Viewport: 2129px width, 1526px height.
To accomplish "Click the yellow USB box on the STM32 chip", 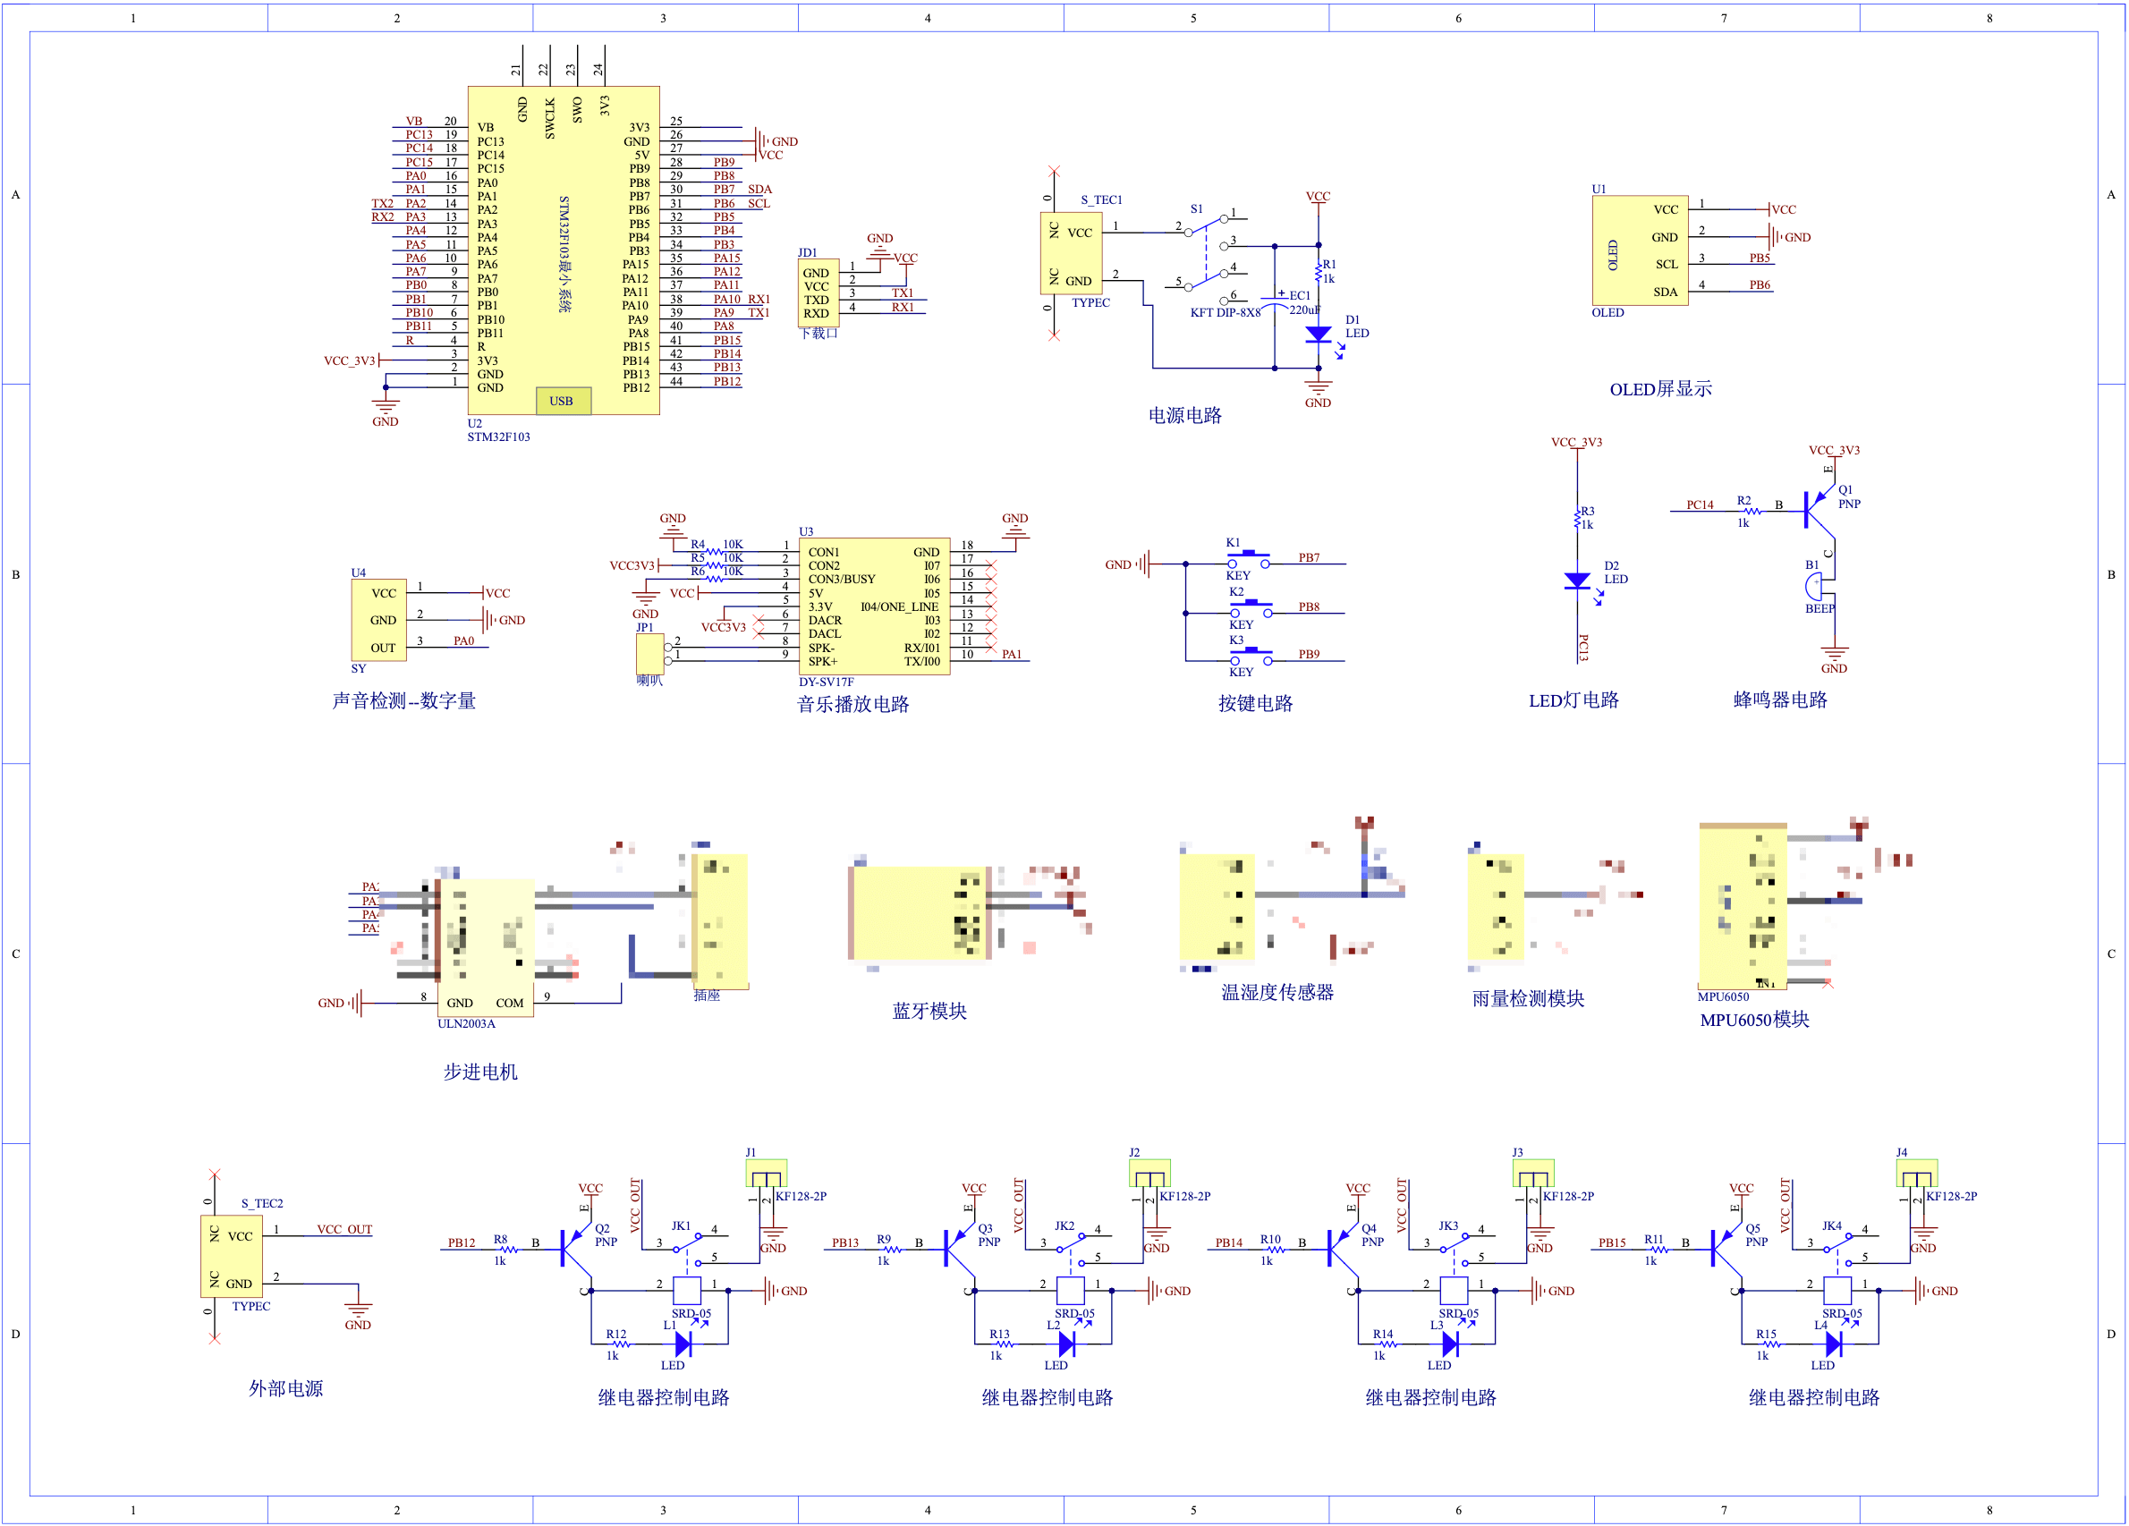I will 564,401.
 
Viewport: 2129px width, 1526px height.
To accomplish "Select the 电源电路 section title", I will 1184,415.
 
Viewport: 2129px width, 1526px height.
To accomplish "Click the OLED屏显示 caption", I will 1659,388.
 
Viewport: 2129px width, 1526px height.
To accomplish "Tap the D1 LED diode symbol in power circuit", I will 1318,335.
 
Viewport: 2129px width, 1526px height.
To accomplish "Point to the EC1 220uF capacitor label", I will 1300,302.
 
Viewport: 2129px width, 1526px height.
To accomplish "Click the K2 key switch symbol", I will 1251,607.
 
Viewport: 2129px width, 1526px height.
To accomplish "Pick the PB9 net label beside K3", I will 1309,654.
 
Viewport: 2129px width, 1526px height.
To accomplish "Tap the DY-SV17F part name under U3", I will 826,682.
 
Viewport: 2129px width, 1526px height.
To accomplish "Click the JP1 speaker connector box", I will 649,653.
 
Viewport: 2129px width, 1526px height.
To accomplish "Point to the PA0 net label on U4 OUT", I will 463,641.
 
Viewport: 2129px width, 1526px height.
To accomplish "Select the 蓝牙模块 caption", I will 929,1011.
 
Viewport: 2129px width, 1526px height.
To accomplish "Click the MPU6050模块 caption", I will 1753,1019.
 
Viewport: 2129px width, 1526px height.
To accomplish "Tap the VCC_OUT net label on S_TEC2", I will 344,1229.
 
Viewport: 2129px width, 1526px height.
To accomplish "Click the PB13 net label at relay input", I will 844,1242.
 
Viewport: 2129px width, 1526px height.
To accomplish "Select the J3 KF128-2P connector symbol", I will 1532,1174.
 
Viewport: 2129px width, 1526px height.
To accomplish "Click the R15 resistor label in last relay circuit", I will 1766,1334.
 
